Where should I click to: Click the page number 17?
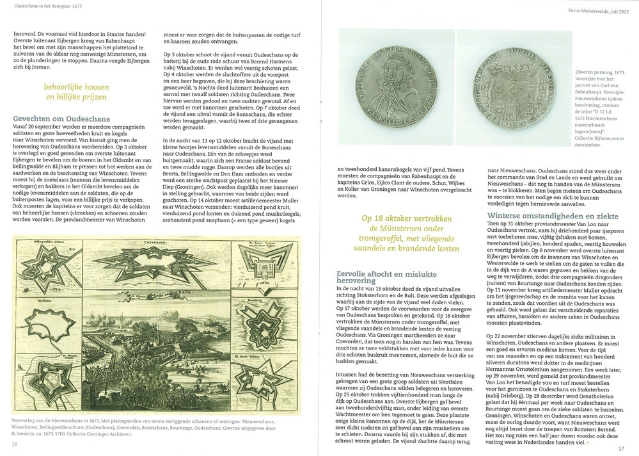point(620,448)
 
